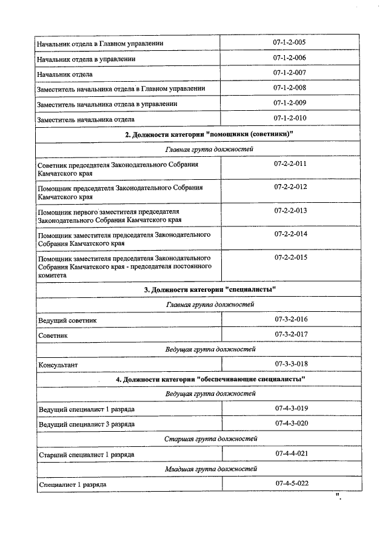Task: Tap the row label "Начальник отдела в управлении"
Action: (85, 59)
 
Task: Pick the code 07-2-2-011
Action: (290, 164)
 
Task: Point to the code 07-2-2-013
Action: (290, 210)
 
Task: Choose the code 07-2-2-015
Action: (290, 257)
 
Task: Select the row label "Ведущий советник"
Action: (67, 320)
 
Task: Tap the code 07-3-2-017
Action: (291, 334)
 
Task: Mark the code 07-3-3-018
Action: (291, 363)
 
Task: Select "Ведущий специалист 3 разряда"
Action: (87, 424)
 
